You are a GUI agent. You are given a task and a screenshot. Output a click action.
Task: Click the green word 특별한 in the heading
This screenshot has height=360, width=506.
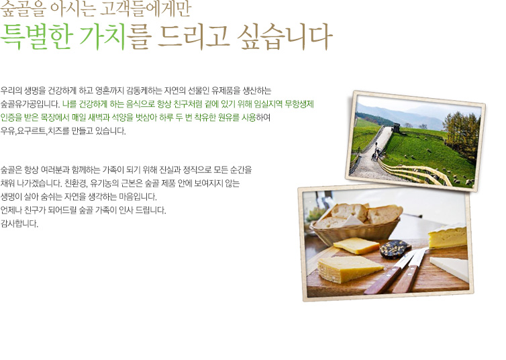pyautogui.click(x=36, y=36)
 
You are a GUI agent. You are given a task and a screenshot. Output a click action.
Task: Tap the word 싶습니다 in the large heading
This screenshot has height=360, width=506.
pyautogui.click(x=285, y=36)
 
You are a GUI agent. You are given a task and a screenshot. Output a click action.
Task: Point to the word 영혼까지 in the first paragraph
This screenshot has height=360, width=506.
pyautogui.click(x=109, y=91)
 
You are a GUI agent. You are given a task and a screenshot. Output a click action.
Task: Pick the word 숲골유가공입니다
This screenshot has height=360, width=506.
pyautogui.click(x=30, y=104)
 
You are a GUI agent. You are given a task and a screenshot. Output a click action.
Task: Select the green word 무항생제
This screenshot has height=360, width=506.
pyautogui.click(x=299, y=104)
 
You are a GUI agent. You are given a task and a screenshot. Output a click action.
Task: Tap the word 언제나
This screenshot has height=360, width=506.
pyautogui.click(x=11, y=210)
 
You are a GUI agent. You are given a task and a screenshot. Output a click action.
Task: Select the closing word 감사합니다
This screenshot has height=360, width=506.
pyautogui.click(x=19, y=224)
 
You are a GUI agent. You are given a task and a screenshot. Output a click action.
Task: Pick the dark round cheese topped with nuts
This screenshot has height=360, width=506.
pyautogui.click(x=395, y=249)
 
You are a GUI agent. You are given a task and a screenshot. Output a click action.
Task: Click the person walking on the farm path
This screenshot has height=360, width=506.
pyautogui.click(x=375, y=151)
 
